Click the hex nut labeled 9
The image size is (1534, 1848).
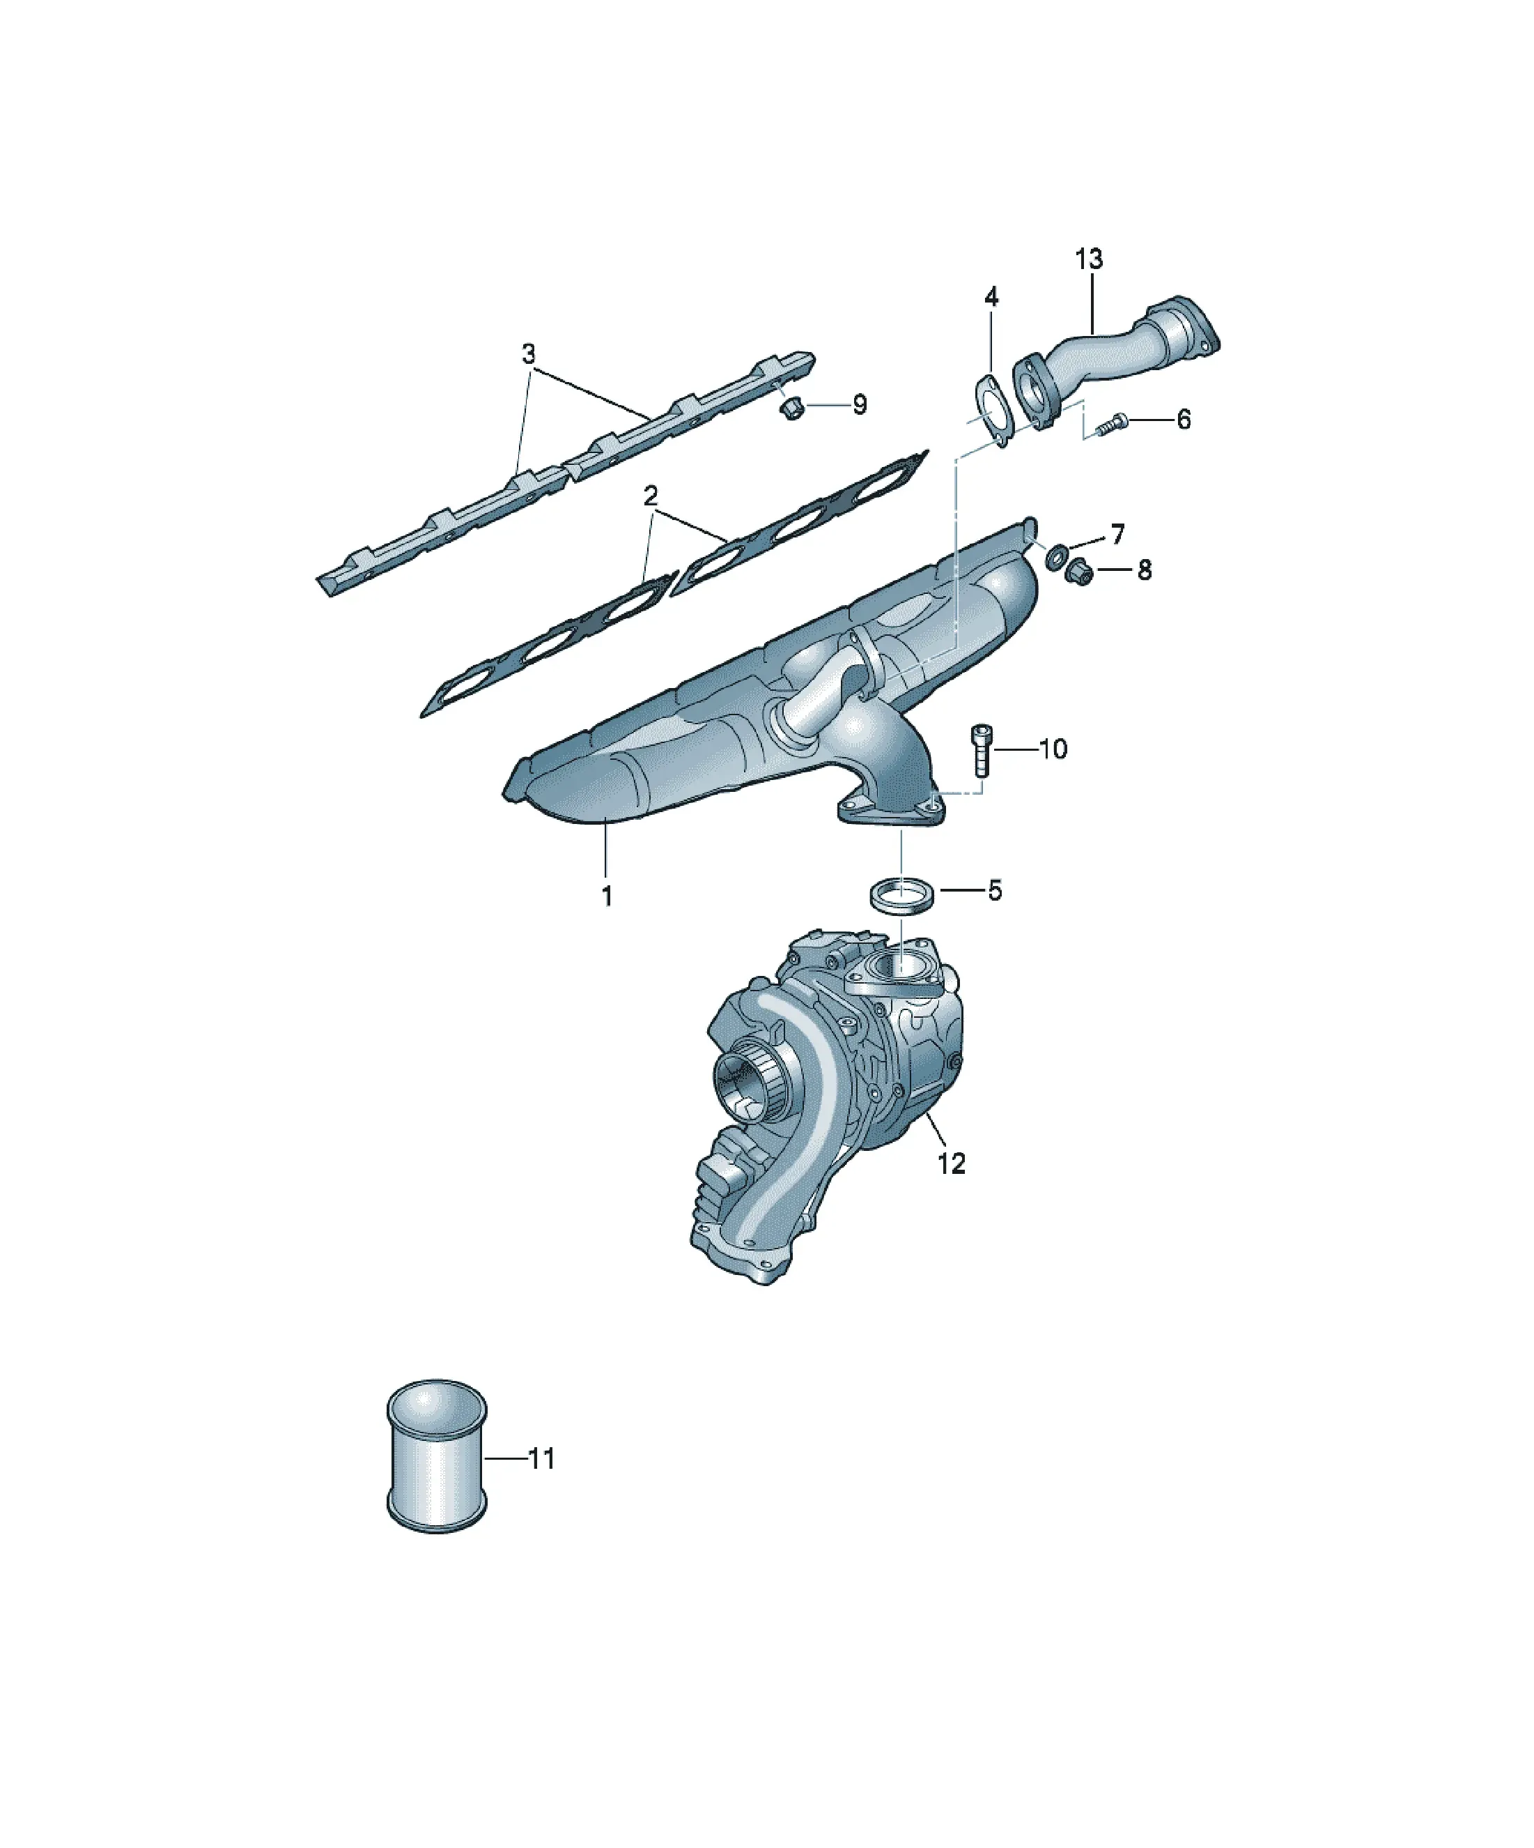click(x=791, y=408)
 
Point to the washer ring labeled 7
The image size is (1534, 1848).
click(x=1055, y=556)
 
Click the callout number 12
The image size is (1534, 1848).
click(x=952, y=1163)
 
